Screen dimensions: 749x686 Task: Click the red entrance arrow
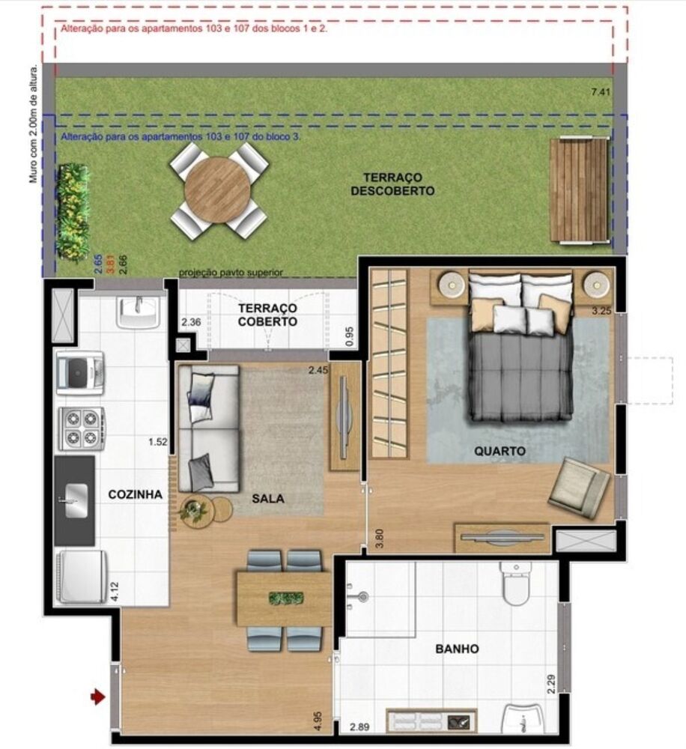point(97,697)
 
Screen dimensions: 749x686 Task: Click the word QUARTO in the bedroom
point(500,451)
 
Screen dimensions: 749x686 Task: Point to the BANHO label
point(457,649)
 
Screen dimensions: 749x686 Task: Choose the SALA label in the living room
point(267,498)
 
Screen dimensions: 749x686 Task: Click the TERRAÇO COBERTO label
point(267,315)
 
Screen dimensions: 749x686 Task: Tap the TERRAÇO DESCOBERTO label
point(392,184)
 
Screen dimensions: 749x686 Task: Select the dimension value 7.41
point(601,92)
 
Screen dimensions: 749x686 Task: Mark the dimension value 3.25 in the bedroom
point(601,309)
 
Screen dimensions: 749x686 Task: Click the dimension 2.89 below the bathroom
point(361,727)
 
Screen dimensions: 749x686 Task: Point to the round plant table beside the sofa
point(196,512)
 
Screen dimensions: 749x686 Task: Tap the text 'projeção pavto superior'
point(231,273)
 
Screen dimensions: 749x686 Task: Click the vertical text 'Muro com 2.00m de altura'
point(33,124)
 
